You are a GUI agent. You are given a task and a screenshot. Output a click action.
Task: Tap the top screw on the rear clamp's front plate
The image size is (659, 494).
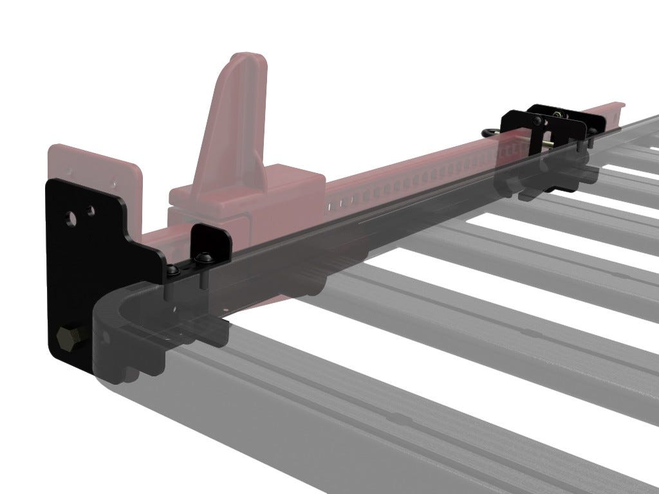tap(535, 121)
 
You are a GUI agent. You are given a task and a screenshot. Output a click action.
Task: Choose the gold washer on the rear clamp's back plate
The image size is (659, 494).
tap(564, 116)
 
